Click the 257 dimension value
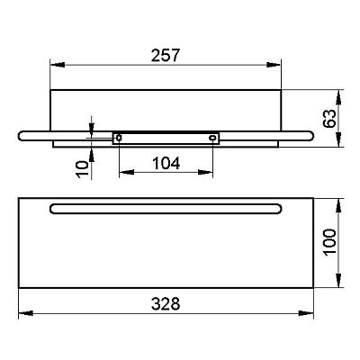(x=165, y=56)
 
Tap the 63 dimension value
(x=329, y=119)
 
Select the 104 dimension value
(x=166, y=164)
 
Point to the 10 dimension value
(x=82, y=169)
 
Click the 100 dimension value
(x=329, y=242)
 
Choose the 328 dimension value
(x=166, y=303)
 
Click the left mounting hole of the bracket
(x=119, y=138)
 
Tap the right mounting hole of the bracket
(x=212, y=138)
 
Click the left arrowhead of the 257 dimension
(x=58, y=65)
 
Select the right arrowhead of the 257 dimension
(x=274, y=65)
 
